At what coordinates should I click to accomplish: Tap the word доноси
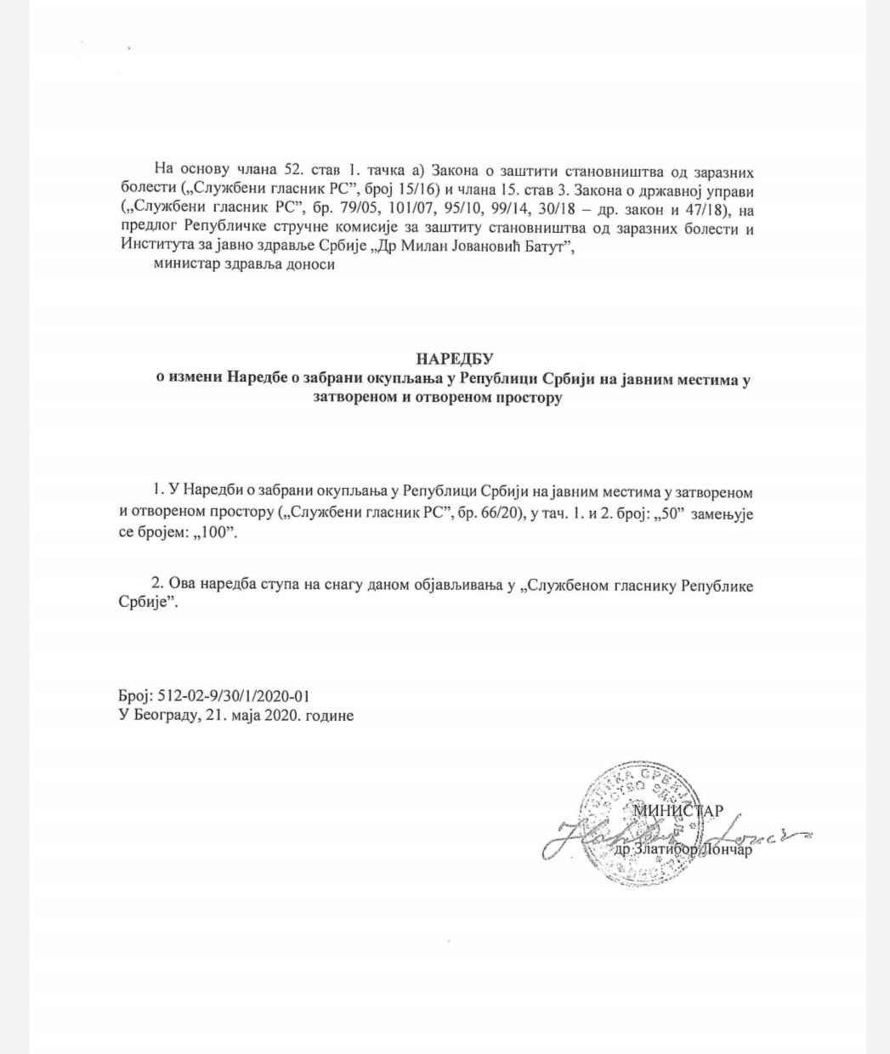(x=312, y=264)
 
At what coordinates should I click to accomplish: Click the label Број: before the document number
(x=135, y=696)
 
